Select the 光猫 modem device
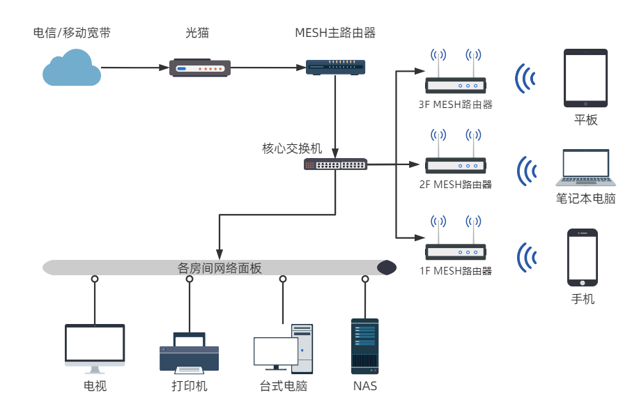199,68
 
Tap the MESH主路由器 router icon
336,67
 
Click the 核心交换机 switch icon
335,164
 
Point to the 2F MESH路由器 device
456,164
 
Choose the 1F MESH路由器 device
456,252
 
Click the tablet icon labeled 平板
585,77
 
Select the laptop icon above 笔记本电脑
585,168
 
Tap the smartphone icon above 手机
583,257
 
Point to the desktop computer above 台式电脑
284,349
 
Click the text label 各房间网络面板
220,268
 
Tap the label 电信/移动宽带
72,33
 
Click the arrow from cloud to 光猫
135,68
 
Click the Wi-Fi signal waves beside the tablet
525,78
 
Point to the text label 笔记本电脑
585,199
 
